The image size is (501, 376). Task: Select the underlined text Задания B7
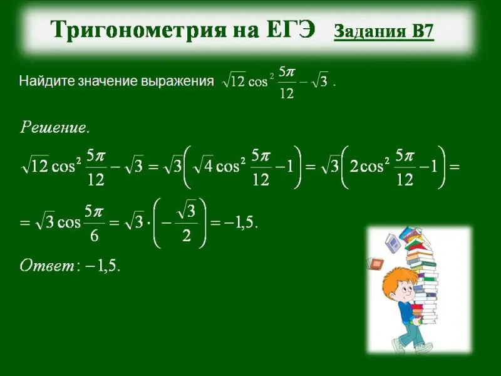pos(384,31)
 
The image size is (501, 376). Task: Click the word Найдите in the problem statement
pos(46,81)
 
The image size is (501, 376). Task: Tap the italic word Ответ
pos(47,265)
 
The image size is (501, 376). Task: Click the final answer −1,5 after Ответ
pos(103,265)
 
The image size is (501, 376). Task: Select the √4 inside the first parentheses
pos(204,166)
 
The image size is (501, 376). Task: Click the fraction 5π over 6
pos(94,223)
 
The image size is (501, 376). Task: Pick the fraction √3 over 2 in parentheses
pos(187,223)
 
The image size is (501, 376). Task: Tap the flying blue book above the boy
pos(393,243)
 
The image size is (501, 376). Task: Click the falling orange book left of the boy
pos(375,264)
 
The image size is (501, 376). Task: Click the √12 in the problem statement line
pos(234,81)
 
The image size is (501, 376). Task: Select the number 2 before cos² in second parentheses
pos(354,167)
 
